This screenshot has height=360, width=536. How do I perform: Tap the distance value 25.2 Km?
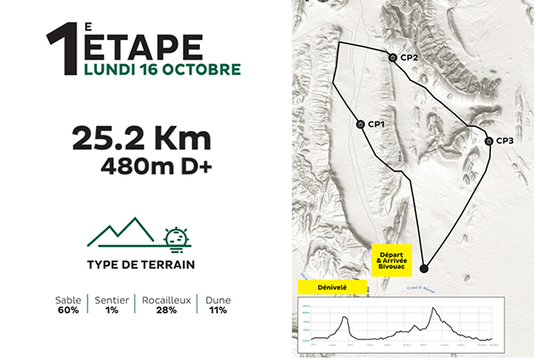click(x=141, y=138)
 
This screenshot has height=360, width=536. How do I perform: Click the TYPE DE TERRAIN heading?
click(x=140, y=264)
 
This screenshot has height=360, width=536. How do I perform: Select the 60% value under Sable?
click(x=67, y=311)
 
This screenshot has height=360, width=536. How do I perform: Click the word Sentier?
click(x=111, y=300)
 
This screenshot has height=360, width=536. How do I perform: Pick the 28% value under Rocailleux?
click(x=165, y=311)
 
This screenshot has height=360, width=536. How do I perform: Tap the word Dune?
click(x=217, y=300)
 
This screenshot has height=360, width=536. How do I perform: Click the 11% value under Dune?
click(x=217, y=311)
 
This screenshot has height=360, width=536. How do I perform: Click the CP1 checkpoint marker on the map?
click(x=360, y=124)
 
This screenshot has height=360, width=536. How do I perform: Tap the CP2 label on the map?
click(x=408, y=58)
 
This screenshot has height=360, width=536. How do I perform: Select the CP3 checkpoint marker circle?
click(x=488, y=140)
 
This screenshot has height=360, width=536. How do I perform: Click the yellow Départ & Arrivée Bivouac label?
click(x=391, y=260)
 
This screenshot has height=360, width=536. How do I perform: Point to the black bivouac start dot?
click(x=425, y=269)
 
